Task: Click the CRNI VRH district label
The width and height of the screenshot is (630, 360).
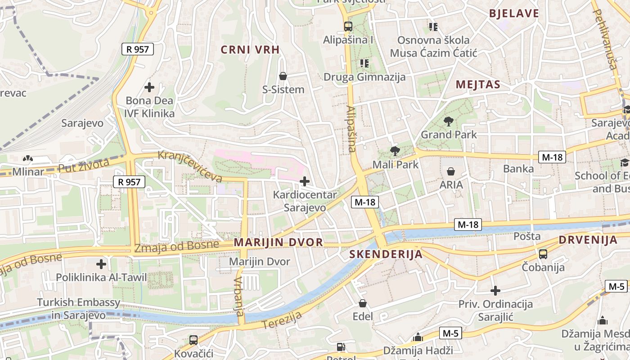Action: [250, 49]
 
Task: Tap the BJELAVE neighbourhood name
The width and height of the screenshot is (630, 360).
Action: [514, 13]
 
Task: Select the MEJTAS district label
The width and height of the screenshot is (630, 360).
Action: [478, 84]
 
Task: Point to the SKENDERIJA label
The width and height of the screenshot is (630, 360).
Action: [386, 254]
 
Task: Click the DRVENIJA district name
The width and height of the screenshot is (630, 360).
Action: [588, 240]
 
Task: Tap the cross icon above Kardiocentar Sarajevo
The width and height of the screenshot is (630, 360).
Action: [305, 181]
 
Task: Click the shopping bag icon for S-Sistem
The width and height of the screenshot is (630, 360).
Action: [283, 76]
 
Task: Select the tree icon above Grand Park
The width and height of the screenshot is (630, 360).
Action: [448, 121]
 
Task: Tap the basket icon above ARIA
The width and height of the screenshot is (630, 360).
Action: [451, 171]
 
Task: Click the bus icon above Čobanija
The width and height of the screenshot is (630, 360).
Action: [543, 254]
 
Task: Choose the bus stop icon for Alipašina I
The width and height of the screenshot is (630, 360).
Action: [348, 26]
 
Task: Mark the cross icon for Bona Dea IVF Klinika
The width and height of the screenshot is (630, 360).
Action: [149, 87]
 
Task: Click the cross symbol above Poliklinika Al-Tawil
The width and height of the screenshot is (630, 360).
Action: [101, 264]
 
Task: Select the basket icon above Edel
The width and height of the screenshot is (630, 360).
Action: [363, 303]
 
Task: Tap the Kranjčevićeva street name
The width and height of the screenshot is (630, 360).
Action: [190, 166]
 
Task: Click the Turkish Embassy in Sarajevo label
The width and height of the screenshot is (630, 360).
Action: [79, 309]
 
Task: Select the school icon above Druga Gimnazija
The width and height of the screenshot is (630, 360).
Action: [364, 63]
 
